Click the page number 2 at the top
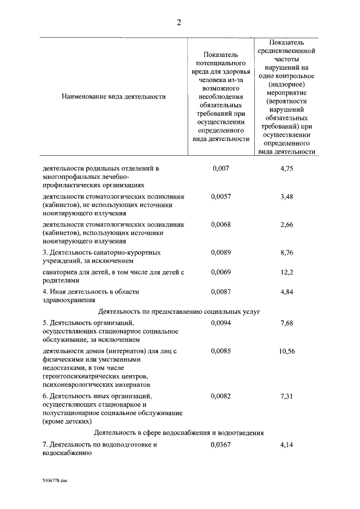[x=178, y=22]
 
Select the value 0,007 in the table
[x=220, y=168]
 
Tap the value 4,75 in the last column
[x=286, y=168]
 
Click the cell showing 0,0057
[x=220, y=197]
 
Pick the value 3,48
[x=286, y=197]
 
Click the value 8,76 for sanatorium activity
[x=286, y=253]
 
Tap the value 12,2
[x=286, y=272]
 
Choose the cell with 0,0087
[x=220, y=291]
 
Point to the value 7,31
[x=286, y=396]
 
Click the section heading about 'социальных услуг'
[x=179, y=311]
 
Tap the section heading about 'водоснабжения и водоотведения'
[x=179, y=433]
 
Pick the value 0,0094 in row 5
[x=220, y=323]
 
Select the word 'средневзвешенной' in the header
[x=286, y=50]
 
